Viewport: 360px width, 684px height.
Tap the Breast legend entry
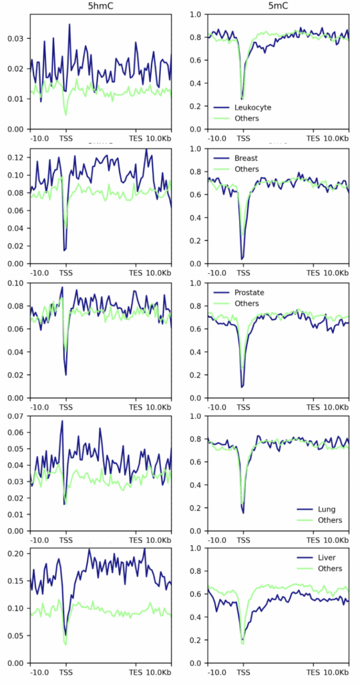246,158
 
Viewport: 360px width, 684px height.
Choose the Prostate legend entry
249,293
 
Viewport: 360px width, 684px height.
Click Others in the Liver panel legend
330,568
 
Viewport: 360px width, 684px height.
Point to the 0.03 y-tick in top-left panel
15,38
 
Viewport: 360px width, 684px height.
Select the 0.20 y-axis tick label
15,553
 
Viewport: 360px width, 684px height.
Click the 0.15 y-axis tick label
15,580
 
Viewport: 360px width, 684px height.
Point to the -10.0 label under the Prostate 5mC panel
216,406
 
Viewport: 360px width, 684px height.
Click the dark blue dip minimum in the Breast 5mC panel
242,259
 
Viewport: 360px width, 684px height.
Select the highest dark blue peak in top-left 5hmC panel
69,25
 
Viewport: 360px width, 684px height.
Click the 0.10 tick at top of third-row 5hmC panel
15,283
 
